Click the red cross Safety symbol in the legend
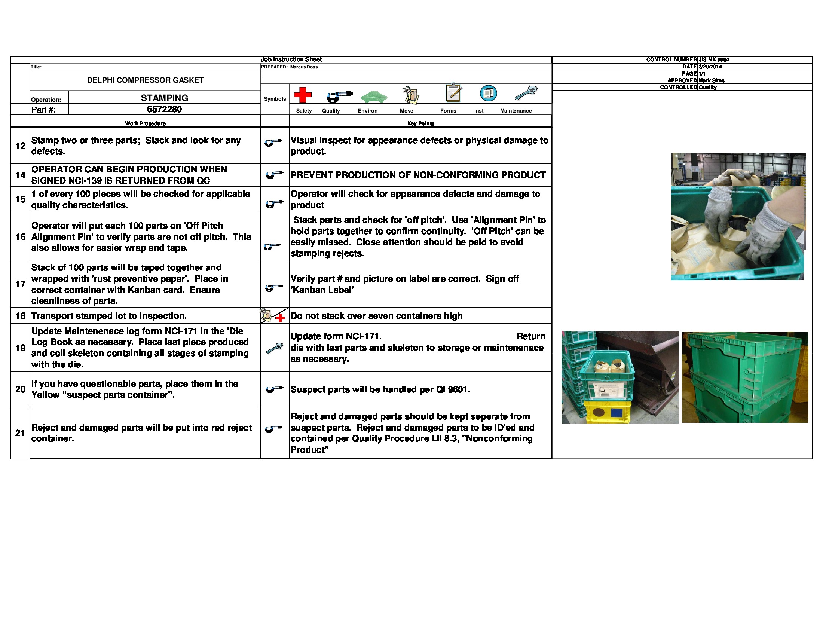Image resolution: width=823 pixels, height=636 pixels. pyautogui.click(x=303, y=95)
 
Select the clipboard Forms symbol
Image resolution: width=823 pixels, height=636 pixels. pyautogui.click(x=453, y=93)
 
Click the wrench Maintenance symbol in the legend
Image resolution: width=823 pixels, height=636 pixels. pyautogui.click(x=526, y=93)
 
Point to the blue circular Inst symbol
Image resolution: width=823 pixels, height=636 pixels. pyautogui.click(x=488, y=93)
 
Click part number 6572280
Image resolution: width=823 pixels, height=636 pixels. pyautogui.click(x=164, y=109)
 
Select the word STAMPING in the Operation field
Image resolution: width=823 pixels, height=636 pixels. pyautogui.click(x=164, y=98)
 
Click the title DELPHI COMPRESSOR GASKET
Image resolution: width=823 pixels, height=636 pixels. pyautogui.click(x=145, y=80)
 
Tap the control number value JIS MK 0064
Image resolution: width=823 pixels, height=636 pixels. pyautogui.click(x=714, y=59)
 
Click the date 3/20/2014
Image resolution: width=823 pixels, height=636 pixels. pyautogui.click(x=710, y=67)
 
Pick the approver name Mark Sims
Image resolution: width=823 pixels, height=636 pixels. pyautogui.click(x=712, y=80)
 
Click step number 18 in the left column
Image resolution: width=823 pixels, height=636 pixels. pyautogui.click(x=20, y=316)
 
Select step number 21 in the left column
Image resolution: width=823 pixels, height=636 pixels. pyautogui.click(x=20, y=433)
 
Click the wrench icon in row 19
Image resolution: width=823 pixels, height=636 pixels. pyautogui.click(x=274, y=348)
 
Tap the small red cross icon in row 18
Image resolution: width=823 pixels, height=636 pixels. pyautogui.click(x=280, y=318)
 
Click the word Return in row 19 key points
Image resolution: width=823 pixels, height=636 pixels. pyautogui.click(x=530, y=336)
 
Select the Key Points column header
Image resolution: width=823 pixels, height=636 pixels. pyautogui.click(x=420, y=123)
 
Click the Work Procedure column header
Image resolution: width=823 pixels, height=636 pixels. pyautogui.click(x=145, y=123)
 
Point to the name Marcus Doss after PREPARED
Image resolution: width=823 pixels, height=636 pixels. pyautogui.click(x=304, y=67)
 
